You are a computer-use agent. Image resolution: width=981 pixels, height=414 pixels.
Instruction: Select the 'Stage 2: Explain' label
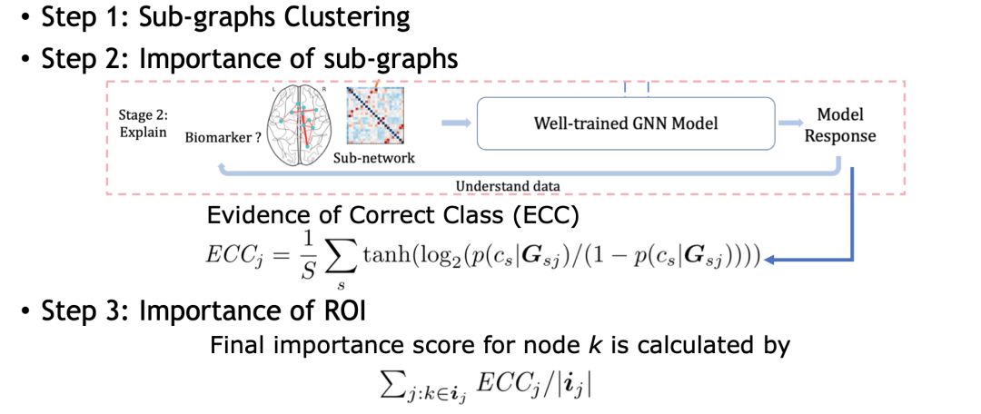(144, 124)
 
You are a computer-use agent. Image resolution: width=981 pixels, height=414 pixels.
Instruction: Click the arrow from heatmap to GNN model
(456, 123)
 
